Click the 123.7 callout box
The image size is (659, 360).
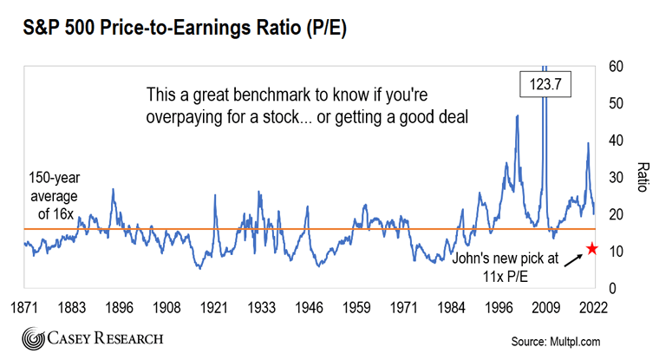click(x=543, y=84)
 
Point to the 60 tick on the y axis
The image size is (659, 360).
click(x=615, y=66)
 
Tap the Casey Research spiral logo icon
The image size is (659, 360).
click(x=34, y=339)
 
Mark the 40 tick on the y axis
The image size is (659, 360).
click(x=615, y=141)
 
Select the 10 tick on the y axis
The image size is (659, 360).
click(x=615, y=252)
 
